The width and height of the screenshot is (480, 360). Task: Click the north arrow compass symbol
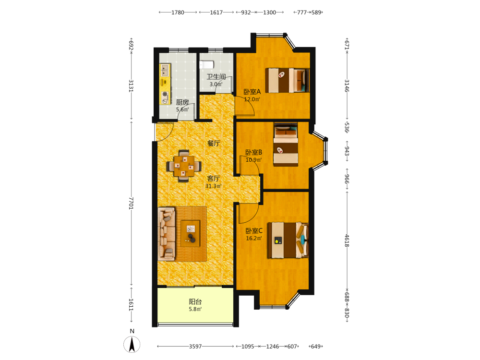click(x=132, y=344)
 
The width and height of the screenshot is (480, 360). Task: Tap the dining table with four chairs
click(x=184, y=166)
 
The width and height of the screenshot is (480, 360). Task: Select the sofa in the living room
click(x=167, y=234)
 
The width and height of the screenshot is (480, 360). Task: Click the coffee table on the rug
click(x=190, y=234)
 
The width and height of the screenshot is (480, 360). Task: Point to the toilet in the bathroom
click(x=206, y=65)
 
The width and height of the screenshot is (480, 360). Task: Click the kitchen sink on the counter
click(x=165, y=70)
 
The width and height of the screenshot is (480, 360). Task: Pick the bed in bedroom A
click(x=287, y=80)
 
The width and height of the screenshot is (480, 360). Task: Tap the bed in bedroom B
click(x=286, y=144)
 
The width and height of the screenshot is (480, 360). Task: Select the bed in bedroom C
click(x=288, y=240)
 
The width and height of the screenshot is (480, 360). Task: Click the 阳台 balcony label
click(x=195, y=301)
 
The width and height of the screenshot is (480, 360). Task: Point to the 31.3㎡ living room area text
click(x=213, y=186)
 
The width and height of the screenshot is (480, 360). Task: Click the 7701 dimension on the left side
click(x=131, y=203)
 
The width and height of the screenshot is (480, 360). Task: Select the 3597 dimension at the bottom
click(x=195, y=347)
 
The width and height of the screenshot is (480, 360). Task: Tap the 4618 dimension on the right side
click(x=347, y=240)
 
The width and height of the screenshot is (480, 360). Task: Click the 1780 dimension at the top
click(x=178, y=12)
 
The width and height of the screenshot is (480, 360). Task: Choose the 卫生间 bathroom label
click(x=216, y=77)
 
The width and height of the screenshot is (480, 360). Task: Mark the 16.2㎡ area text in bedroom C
click(x=254, y=238)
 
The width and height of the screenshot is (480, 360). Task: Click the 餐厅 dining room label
click(x=214, y=143)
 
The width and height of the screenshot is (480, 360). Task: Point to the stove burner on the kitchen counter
click(x=165, y=94)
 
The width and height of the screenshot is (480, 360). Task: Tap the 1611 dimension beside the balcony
click(x=131, y=305)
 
